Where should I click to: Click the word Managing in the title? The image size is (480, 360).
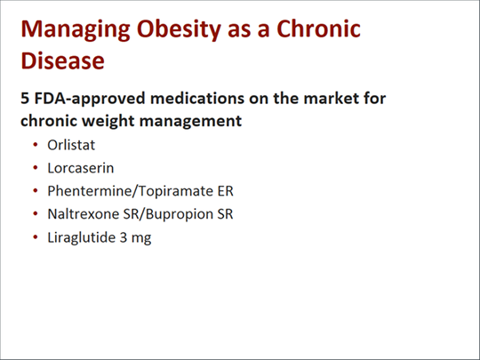click(x=76, y=29)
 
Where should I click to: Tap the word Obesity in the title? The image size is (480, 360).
click(x=179, y=29)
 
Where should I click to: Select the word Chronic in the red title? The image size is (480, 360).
click(x=319, y=28)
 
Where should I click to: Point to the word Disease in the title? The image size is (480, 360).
click(x=63, y=60)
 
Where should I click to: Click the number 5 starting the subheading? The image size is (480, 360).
click(x=25, y=99)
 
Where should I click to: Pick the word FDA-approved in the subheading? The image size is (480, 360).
click(x=90, y=100)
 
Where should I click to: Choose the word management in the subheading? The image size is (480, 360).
click(x=190, y=122)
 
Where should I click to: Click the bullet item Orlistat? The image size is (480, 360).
click(x=71, y=145)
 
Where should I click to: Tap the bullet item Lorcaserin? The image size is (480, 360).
click(x=81, y=168)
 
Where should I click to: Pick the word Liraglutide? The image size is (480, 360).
click(x=81, y=238)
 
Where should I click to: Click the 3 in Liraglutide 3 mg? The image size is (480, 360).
click(x=124, y=238)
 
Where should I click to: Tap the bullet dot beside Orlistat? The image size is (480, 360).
click(x=36, y=145)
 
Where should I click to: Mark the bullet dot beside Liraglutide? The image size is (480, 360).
click(x=36, y=237)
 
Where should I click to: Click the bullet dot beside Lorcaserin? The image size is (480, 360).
click(x=36, y=168)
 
